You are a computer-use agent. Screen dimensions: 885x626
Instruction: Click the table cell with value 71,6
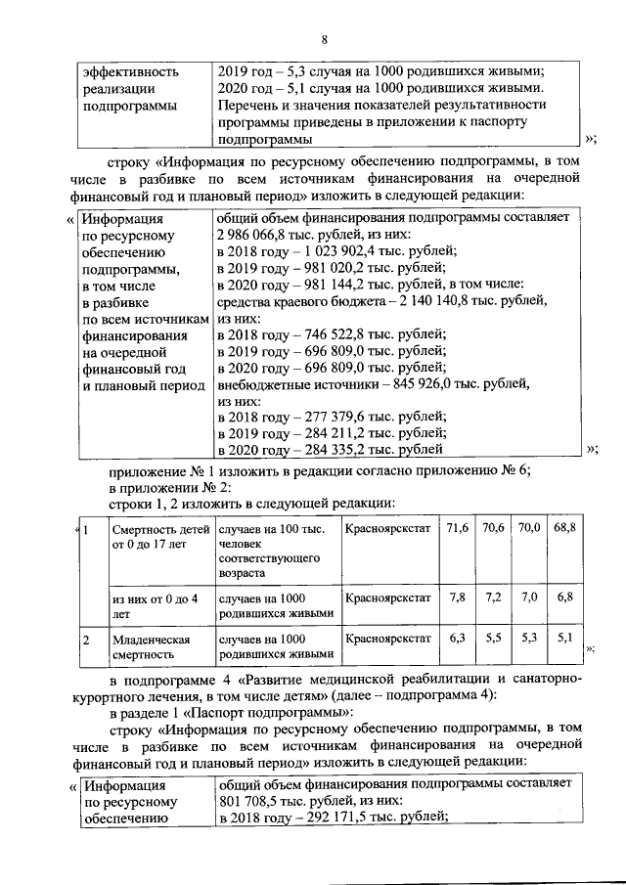[x=457, y=528]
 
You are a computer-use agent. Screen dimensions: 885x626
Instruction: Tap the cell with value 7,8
[x=457, y=597]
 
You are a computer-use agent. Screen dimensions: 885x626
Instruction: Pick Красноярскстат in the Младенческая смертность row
[x=388, y=639]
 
